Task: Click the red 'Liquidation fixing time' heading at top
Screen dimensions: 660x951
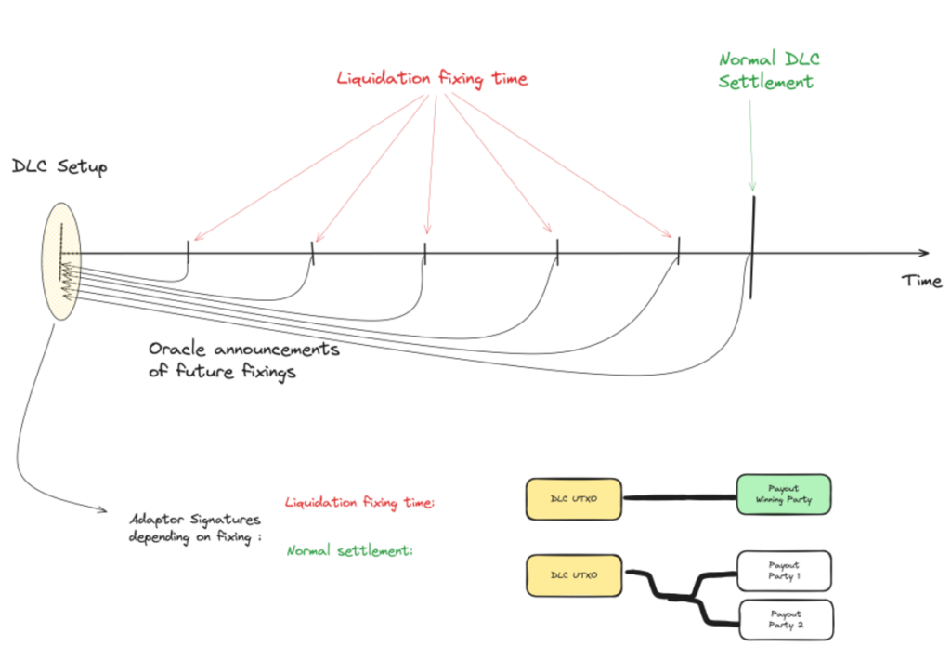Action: (x=432, y=78)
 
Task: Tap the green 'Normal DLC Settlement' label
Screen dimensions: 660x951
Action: (x=768, y=71)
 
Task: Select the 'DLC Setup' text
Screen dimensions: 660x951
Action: (x=59, y=167)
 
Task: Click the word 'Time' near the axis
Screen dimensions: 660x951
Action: (x=921, y=280)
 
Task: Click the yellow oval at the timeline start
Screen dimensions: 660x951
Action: (x=61, y=261)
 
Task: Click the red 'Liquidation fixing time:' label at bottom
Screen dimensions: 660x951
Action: (x=360, y=503)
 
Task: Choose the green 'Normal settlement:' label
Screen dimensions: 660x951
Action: (x=349, y=550)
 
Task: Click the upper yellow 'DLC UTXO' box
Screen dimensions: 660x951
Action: (x=574, y=499)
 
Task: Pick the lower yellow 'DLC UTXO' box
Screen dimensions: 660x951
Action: (x=574, y=575)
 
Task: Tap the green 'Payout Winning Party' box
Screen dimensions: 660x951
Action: (x=783, y=494)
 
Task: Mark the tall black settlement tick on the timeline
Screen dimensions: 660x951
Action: (x=751, y=246)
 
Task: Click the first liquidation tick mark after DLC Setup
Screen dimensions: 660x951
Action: (x=189, y=252)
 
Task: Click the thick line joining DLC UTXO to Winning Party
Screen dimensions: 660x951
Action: (x=679, y=498)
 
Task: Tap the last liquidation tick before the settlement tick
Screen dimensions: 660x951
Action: (x=679, y=250)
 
